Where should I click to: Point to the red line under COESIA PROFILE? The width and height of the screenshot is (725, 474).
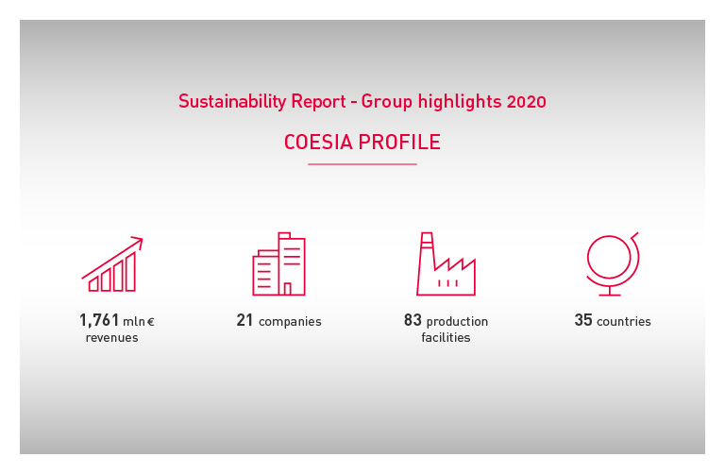362,164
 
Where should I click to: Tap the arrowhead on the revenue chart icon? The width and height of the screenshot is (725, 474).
138,241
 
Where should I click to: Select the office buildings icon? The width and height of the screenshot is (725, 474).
278,264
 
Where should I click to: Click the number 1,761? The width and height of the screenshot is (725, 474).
99,321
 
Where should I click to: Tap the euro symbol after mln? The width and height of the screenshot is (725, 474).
150,322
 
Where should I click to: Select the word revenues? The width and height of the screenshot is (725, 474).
111,338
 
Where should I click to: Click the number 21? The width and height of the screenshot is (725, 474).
245,321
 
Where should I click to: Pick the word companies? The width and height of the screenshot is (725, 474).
290,322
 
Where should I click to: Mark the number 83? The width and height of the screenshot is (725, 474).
413,321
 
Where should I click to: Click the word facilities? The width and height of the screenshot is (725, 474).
446,338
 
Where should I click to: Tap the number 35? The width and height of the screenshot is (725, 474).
583,321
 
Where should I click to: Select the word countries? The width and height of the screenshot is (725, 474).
624,322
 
